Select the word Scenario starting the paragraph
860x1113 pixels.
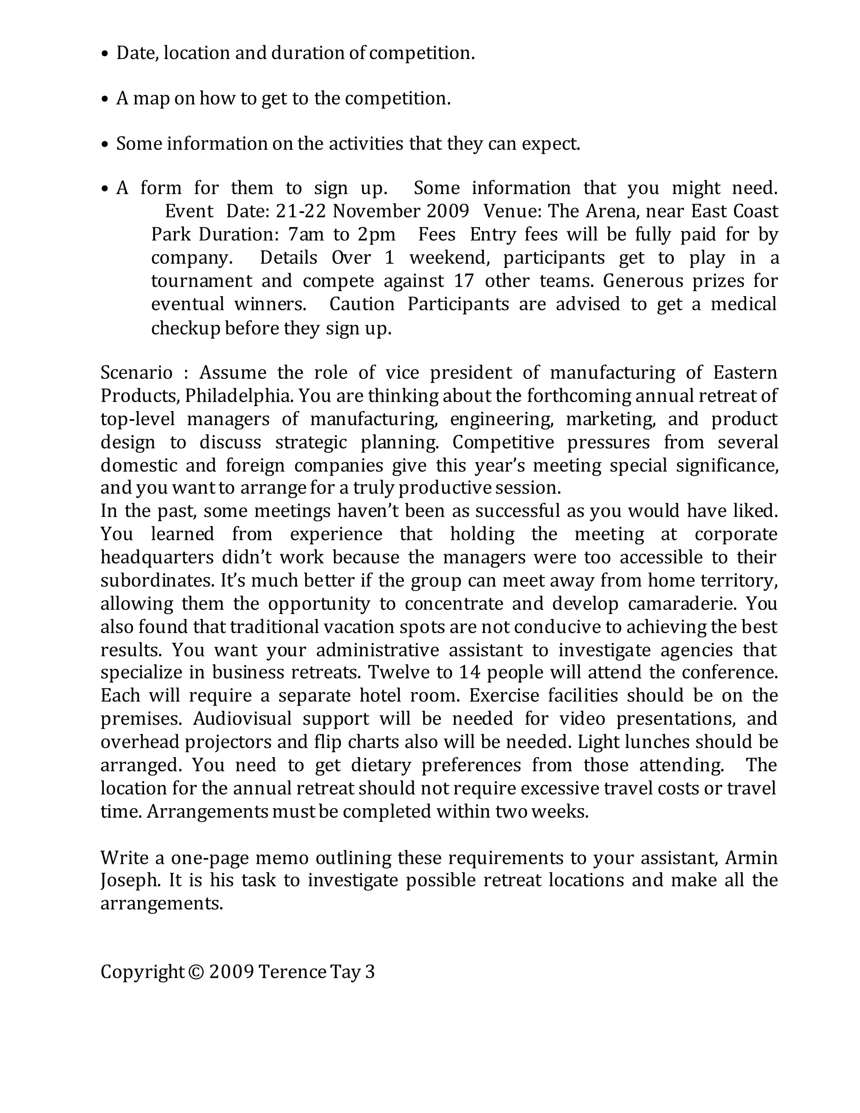(x=136, y=373)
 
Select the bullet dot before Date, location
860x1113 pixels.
(x=105, y=54)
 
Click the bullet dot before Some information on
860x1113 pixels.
(x=105, y=145)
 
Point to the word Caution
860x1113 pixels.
(x=362, y=304)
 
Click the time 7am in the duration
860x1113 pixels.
(x=306, y=234)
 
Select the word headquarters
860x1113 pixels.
(x=156, y=557)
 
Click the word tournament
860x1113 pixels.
(x=201, y=281)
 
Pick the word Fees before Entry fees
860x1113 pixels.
(x=437, y=234)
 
